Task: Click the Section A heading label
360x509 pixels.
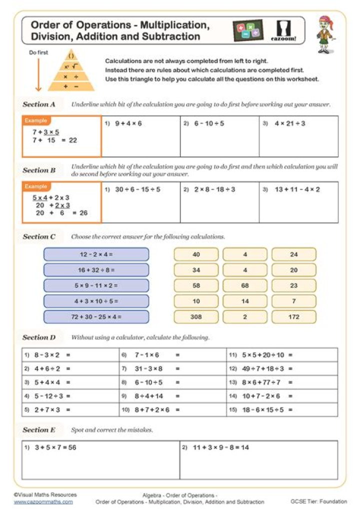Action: tap(39, 104)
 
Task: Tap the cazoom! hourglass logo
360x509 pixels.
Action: tap(285, 30)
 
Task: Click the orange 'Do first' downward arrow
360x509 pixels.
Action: tap(38, 73)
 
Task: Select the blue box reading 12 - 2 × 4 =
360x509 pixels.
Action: tap(96, 254)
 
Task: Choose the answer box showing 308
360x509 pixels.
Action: tap(196, 316)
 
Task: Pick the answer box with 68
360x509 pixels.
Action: tap(245, 285)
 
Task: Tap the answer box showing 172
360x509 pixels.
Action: tap(294, 316)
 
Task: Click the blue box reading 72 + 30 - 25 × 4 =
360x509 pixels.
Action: tap(96, 316)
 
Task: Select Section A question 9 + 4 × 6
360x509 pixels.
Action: tap(128, 123)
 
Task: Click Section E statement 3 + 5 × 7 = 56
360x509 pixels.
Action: tap(55, 447)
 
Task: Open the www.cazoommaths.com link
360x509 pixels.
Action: tap(43, 501)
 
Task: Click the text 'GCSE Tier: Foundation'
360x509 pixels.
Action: tap(318, 501)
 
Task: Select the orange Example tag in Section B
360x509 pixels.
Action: tap(36, 186)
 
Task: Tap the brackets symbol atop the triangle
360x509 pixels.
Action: tap(71, 55)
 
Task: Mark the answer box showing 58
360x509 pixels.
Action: tap(196, 285)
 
